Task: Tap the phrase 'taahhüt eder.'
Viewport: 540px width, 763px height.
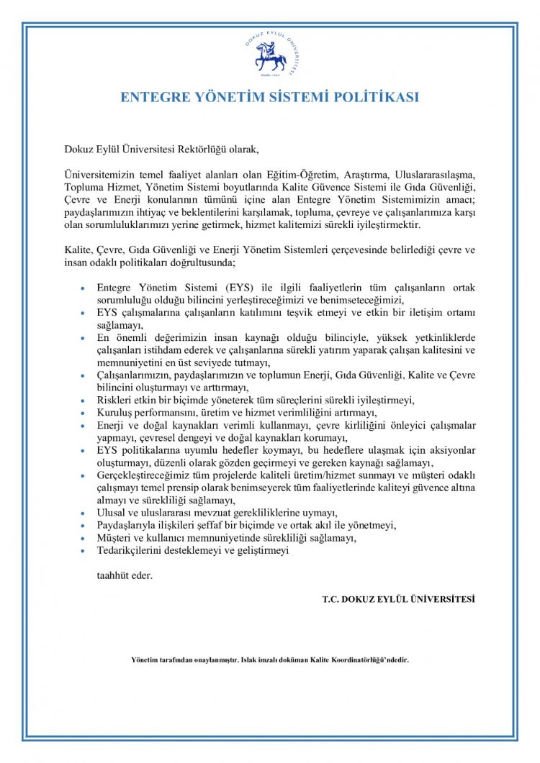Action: click(x=125, y=575)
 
